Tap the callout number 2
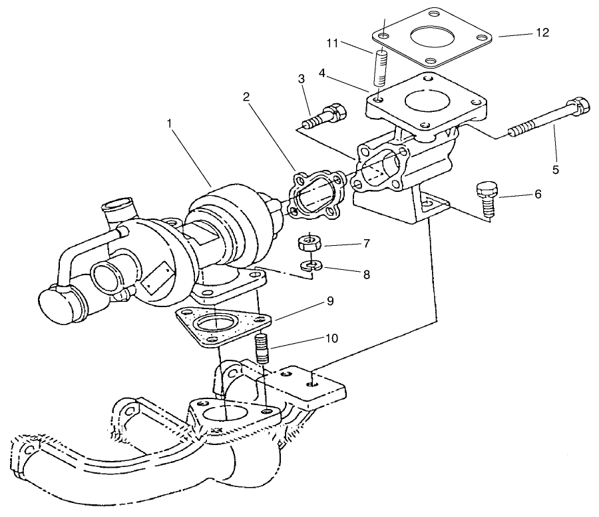(246, 97)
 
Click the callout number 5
(555, 169)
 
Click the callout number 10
(331, 338)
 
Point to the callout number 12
(543, 33)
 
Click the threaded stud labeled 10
(262, 349)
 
